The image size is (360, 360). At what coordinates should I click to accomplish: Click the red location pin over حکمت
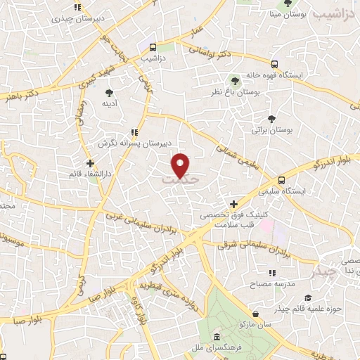181,165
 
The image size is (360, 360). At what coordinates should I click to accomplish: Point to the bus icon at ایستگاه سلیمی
281,180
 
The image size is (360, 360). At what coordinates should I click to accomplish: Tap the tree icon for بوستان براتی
271,119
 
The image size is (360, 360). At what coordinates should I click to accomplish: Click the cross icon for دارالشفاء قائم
90,163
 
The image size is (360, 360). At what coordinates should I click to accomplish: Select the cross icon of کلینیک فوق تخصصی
233,204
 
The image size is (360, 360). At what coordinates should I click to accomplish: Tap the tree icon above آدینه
109,92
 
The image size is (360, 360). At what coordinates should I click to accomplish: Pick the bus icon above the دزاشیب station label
152,47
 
